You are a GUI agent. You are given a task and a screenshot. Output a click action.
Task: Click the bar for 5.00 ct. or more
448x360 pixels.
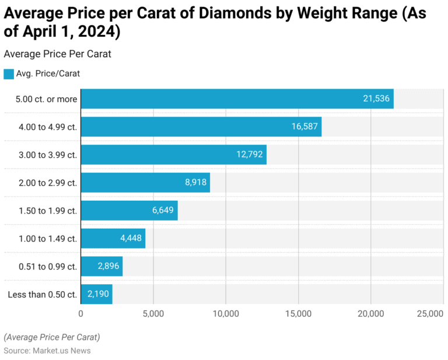(237, 99)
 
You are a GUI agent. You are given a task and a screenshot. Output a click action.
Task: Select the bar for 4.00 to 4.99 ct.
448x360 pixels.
(201, 127)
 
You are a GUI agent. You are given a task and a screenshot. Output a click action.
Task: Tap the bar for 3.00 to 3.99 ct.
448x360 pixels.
(173, 155)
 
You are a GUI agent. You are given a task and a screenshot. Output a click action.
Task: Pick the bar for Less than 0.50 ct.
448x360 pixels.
(96, 294)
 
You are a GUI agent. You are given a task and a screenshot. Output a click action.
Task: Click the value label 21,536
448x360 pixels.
(376, 99)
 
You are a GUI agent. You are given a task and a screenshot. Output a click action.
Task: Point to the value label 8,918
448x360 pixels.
(195, 183)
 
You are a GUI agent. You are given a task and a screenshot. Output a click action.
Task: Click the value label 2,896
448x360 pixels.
(108, 267)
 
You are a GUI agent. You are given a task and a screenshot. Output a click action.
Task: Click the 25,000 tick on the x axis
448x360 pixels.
(430, 314)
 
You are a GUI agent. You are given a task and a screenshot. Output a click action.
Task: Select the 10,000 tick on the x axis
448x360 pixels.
(226, 314)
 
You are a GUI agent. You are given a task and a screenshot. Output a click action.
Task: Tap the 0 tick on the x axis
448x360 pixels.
(81, 314)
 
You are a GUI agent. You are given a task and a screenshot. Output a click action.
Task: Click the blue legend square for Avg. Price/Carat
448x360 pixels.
(8, 74)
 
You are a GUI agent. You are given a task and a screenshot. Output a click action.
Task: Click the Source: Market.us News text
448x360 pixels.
(47, 351)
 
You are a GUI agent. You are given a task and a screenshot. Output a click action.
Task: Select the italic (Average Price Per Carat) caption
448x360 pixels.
(52, 337)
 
